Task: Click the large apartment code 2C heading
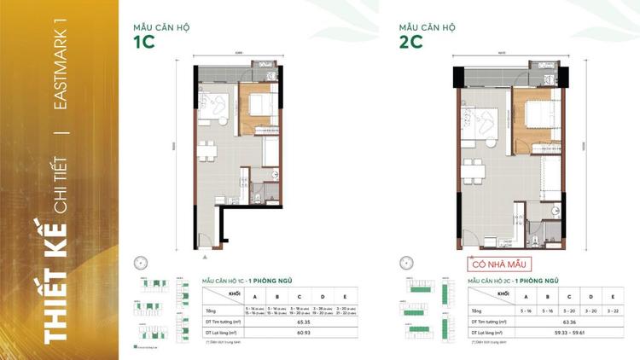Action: (x=411, y=42)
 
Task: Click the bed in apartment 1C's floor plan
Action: (x=259, y=106)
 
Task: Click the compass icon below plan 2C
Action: (x=407, y=264)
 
